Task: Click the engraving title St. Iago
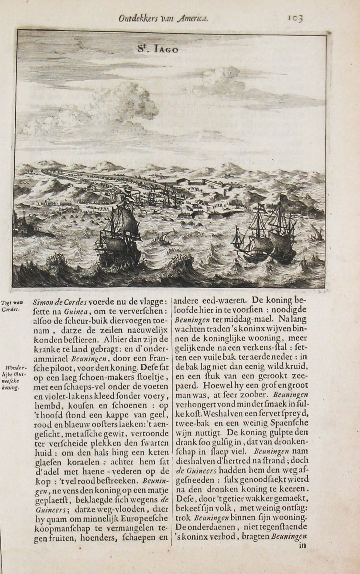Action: click(x=155, y=49)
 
